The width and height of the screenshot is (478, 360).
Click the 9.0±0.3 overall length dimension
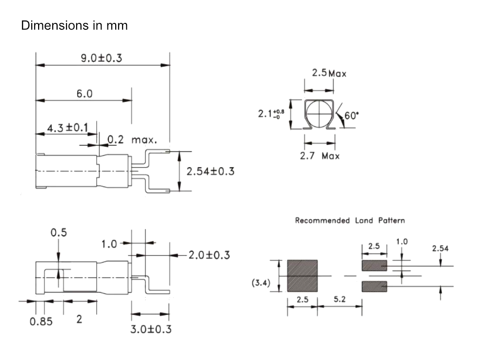pyautogui.click(x=101, y=58)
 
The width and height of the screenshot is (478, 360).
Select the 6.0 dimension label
pyautogui.click(x=84, y=93)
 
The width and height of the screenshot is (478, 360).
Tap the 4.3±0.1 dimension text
pyautogui.click(x=67, y=127)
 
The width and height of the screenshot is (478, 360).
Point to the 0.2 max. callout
pyautogui.click(x=132, y=140)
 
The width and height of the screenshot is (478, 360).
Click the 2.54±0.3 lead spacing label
pyautogui.click(x=210, y=171)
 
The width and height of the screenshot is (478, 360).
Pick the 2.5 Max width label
pyautogui.click(x=329, y=73)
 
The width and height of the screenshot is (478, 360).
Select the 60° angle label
pyautogui.click(x=352, y=116)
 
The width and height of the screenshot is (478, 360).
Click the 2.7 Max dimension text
pyautogui.click(x=319, y=156)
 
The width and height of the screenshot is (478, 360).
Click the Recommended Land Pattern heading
pyautogui.click(x=350, y=220)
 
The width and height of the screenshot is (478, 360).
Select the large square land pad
pyautogui.click(x=302, y=276)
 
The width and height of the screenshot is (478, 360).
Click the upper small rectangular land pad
pyautogui.click(x=374, y=266)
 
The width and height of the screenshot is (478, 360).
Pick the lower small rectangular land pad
pyautogui.click(x=374, y=286)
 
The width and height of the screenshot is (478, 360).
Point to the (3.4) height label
pyautogui.click(x=261, y=283)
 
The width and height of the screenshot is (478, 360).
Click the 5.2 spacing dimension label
pyautogui.click(x=340, y=299)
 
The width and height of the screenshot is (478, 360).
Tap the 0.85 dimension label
pyautogui.click(x=41, y=321)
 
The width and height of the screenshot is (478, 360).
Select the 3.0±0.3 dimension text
pyautogui.click(x=151, y=329)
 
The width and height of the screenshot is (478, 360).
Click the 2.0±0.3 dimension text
pyautogui.click(x=209, y=255)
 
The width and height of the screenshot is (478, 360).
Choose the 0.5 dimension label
pyautogui.click(x=59, y=233)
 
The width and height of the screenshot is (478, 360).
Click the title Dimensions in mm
pyautogui.click(x=74, y=25)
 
